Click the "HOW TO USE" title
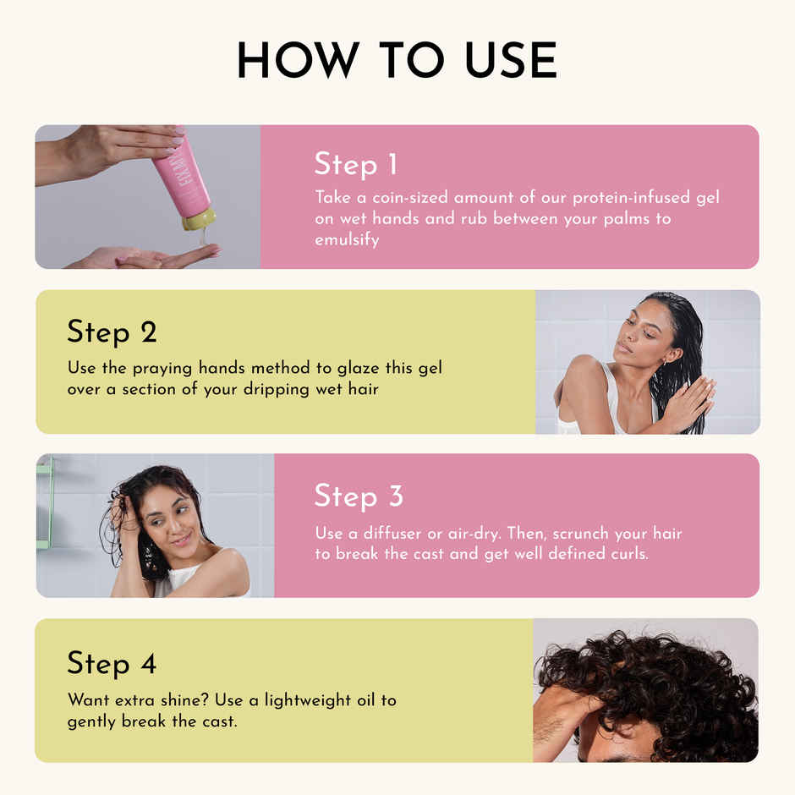tap(397, 61)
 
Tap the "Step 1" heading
tap(355, 164)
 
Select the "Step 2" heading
tap(112, 332)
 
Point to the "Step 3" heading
tap(359, 496)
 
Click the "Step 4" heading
tap(112, 664)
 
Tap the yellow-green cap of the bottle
tap(200, 220)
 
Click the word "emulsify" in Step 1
tap(347, 240)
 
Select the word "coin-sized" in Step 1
tap(409, 198)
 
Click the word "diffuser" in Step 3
tap(403, 534)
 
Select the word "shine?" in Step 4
tap(178, 701)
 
